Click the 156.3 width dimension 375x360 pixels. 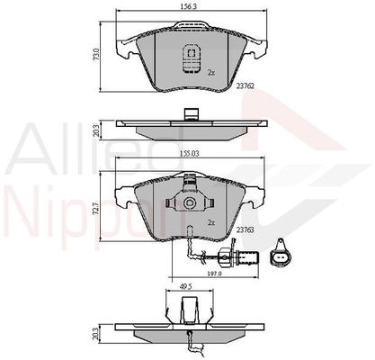tap(189, 6)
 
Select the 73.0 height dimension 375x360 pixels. tap(96, 55)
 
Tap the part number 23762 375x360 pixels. tap(245, 86)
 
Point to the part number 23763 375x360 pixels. tap(245, 229)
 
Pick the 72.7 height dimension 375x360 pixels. tap(96, 208)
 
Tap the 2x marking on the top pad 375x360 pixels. tap(211, 72)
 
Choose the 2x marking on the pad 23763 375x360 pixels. tap(211, 222)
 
